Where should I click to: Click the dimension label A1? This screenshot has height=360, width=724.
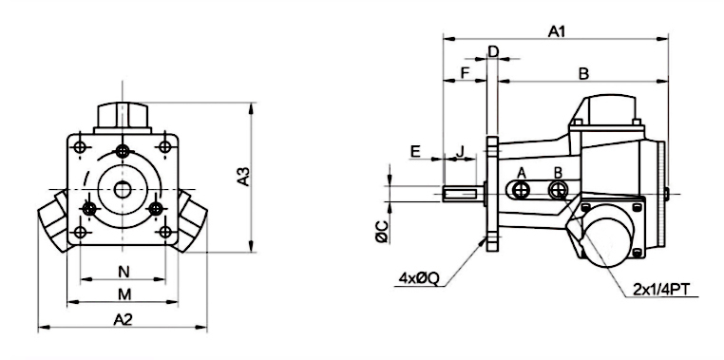(x=557, y=31)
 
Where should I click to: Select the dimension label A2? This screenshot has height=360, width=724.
(x=122, y=319)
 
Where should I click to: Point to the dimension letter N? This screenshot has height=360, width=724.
(x=123, y=270)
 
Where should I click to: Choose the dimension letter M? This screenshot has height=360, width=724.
(x=123, y=294)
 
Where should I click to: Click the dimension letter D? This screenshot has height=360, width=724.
(x=492, y=50)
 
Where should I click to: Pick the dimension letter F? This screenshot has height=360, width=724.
(x=465, y=73)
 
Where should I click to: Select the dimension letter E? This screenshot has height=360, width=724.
(x=415, y=150)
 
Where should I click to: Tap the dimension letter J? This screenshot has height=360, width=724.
(x=460, y=150)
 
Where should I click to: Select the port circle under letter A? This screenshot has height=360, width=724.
(x=520, y=191)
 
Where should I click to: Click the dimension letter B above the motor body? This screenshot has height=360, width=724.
(x=583, y=73)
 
